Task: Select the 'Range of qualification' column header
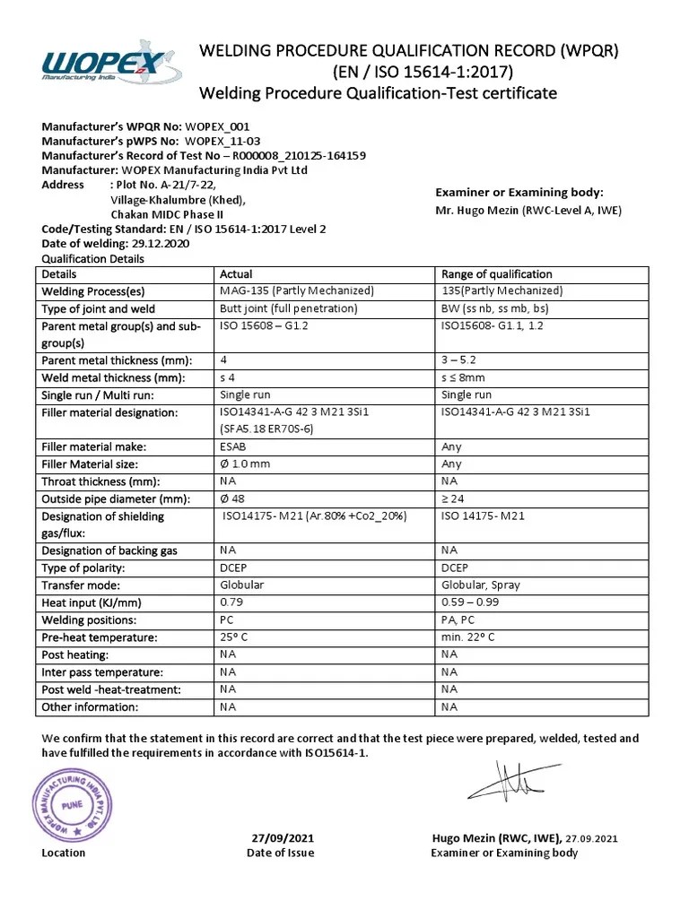coord(497,274)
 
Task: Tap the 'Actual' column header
coord(236,274)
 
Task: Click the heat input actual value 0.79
coord(232,602)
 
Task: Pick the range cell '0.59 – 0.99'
coord(470,602)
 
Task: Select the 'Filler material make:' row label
coord(93,446)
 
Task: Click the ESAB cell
coord(234,446)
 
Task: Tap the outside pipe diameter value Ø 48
coord(234,498)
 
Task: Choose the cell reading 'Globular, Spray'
coord(481,585)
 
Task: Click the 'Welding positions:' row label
coord(89,620)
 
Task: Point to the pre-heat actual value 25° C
coord(239,637)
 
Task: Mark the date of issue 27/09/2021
coord(281,838)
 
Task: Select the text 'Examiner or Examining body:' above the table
coord(519,193)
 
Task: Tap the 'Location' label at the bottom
coord(64,853)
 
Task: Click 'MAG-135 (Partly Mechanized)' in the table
coord(296,291)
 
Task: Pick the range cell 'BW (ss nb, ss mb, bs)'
coord(497,308)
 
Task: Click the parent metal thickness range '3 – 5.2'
coord(459,360)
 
